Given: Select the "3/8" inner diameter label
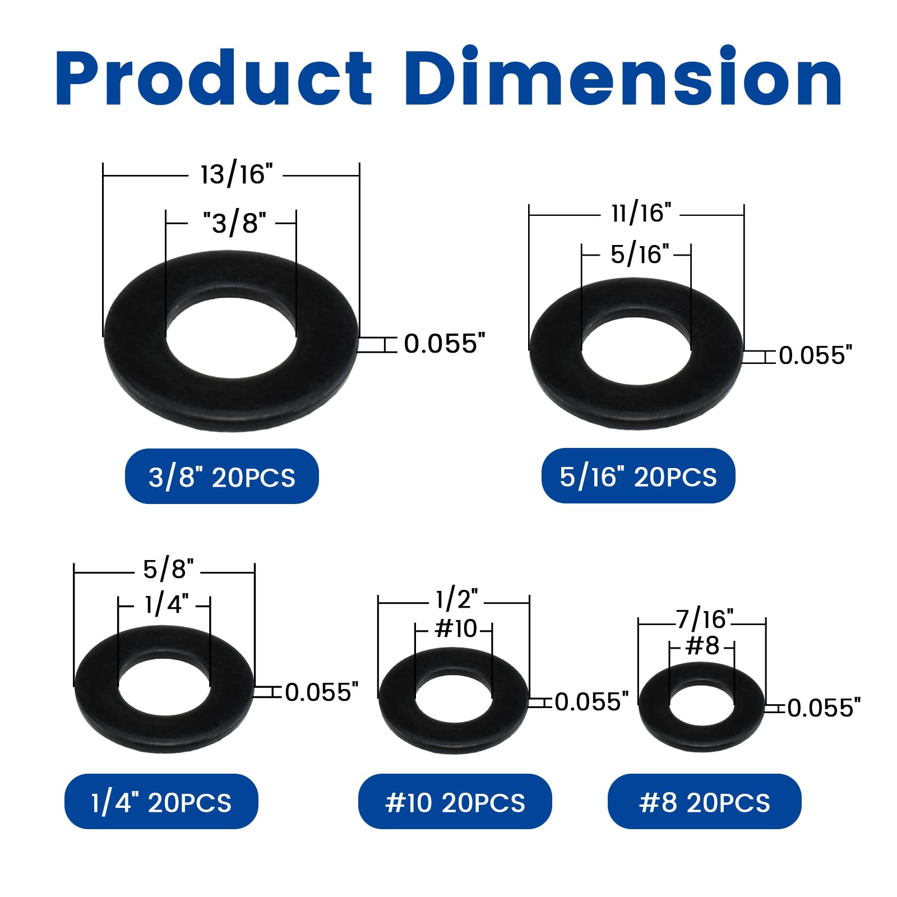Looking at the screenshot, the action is coord(235,223).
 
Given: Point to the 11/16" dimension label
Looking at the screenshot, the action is coord(641,213).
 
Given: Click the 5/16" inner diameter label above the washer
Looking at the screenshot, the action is coord(640,254).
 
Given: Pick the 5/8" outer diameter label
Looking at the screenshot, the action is coord(168,569).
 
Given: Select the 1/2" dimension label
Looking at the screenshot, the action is coord(457,599).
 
